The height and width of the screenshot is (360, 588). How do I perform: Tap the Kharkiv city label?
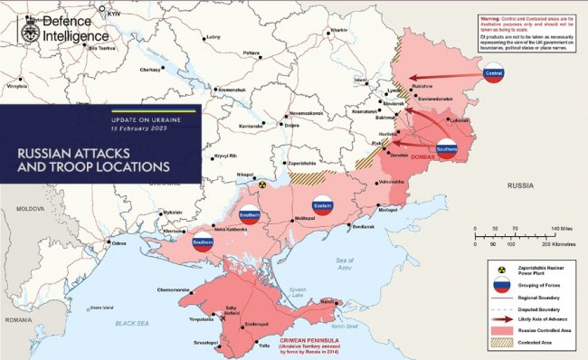[x=338, y=30]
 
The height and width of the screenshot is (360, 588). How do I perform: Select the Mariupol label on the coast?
[x=387, y=210]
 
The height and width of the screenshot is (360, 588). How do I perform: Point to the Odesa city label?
[x=119, y=243]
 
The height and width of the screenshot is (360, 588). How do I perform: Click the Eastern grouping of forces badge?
[x=322, y=204]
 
